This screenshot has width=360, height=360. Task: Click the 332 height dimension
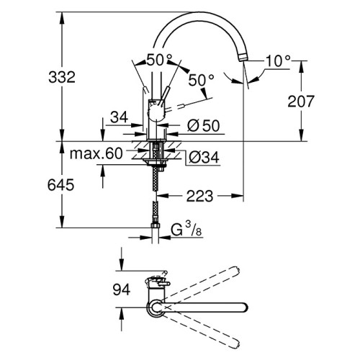point(62,77)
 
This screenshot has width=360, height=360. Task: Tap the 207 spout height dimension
point(301,101)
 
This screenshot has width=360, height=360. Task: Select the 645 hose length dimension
point(60,185)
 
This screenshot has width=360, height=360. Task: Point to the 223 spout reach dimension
point(200,196)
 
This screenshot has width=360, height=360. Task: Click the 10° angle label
point(278,61)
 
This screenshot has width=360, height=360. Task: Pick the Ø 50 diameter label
point(204,125)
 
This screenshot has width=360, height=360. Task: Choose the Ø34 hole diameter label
point(204,158)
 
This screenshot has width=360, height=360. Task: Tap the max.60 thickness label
point(96,153)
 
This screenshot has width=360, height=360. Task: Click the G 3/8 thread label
point(186,230)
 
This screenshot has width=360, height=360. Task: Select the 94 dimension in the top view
point(122,289)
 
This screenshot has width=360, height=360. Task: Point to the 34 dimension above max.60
point(119,117)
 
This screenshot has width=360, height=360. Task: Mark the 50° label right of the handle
point(201,80)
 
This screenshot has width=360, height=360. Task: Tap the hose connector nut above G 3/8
point(156,226)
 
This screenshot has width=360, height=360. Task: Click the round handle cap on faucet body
point(157,113)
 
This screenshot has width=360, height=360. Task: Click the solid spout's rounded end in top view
point(243,307)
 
